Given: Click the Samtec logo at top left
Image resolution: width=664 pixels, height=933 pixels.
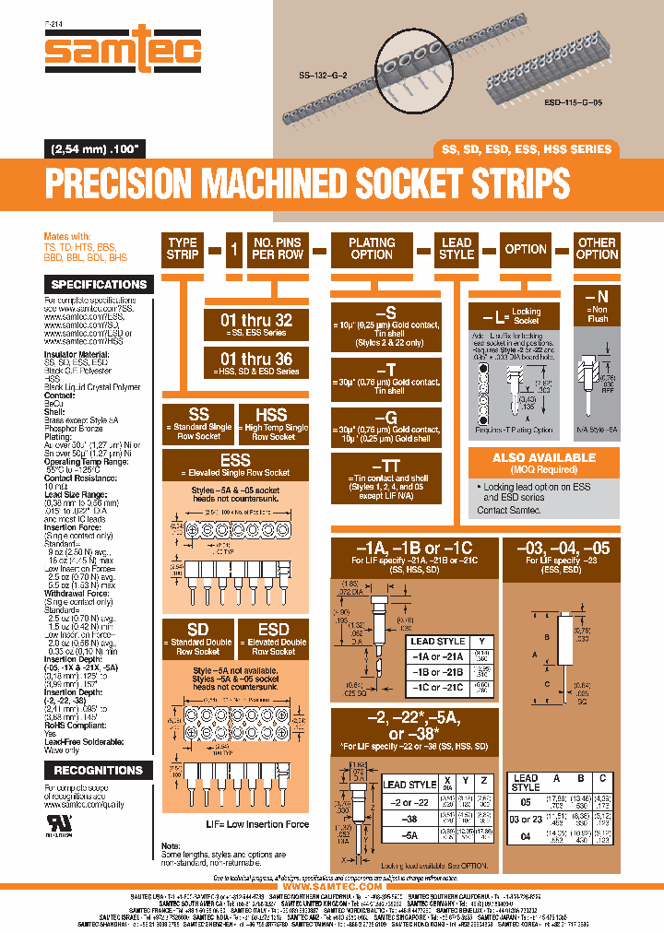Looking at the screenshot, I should pos(123,44).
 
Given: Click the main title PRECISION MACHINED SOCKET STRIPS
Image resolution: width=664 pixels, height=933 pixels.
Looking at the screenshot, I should pos(307,183).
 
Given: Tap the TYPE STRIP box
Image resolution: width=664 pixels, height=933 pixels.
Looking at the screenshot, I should pos(183,249).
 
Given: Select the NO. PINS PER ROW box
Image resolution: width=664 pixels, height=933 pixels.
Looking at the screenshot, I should pos(278,249).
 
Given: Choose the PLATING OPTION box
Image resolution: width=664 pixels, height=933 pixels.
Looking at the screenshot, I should pos(372,249).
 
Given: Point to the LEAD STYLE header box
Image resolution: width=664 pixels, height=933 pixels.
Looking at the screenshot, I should pos(456,249).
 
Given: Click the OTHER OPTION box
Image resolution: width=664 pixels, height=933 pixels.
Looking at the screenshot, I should pos(597,249).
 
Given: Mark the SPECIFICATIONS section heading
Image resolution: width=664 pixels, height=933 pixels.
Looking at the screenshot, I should pos(98,285).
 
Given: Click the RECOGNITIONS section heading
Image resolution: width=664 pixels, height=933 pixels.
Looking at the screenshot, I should pos(98,770).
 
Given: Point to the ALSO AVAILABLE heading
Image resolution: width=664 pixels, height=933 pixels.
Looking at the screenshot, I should pos(544,458).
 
